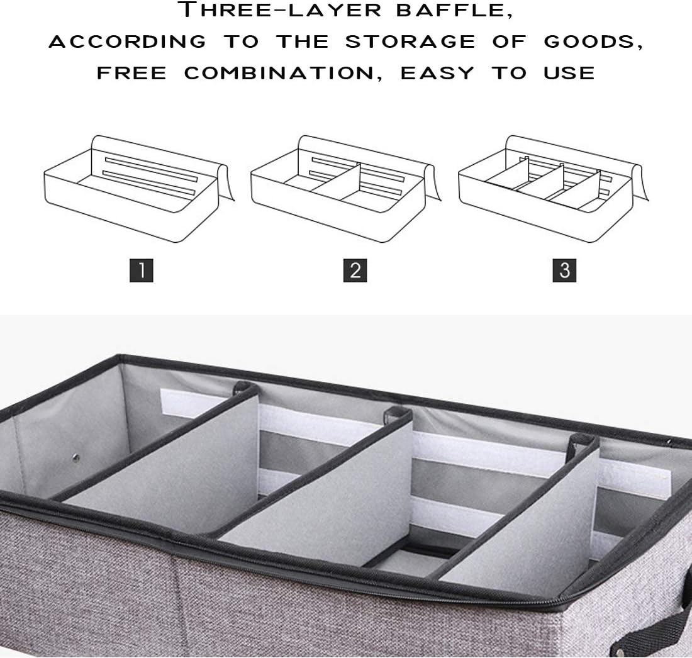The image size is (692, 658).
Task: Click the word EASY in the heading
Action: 437,73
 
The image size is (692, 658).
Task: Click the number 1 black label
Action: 142,270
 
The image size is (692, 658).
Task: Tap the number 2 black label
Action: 355,270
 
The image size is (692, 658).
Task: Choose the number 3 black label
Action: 564,270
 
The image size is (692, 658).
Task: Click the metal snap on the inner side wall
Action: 77,458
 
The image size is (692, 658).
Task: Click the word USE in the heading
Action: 569,73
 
